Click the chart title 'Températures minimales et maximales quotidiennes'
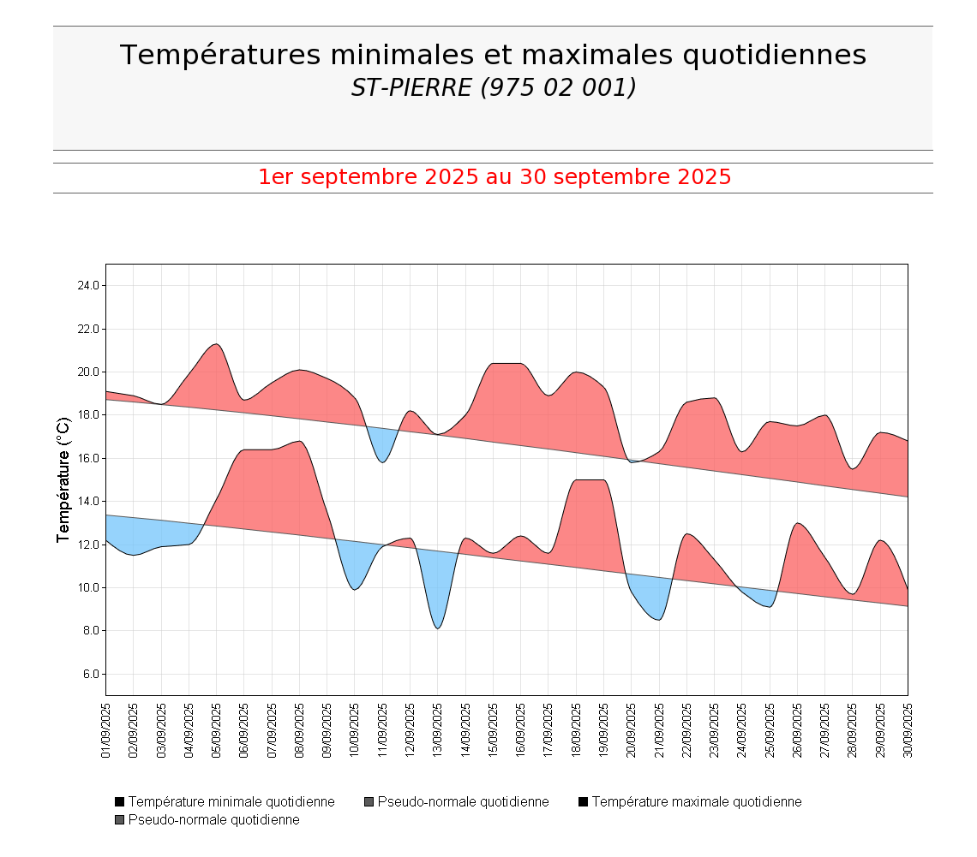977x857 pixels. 493,55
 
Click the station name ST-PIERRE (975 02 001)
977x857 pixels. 493,87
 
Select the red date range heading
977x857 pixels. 494,177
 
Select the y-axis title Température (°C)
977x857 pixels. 63,479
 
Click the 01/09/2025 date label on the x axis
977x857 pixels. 106,730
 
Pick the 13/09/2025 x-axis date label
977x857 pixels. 438,730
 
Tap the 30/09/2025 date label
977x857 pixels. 908,730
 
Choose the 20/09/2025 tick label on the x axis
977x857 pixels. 632,730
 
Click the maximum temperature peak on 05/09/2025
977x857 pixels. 217,344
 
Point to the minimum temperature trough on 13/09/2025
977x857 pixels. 438,628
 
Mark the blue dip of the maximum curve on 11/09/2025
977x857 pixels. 382,461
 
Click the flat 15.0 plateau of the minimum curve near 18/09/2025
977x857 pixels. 590,480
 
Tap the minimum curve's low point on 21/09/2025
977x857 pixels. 658,619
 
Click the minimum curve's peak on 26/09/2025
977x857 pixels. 797,523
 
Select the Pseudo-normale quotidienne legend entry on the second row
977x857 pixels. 213,820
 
